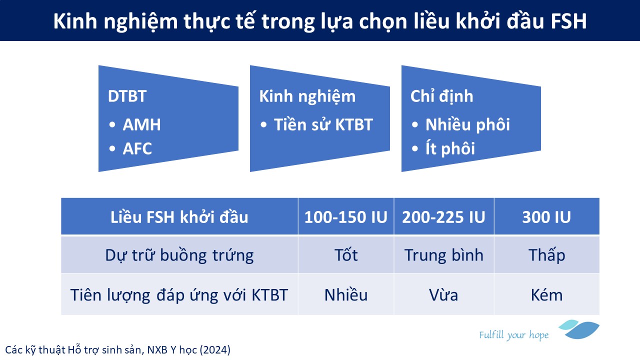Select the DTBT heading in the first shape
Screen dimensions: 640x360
(127, 96)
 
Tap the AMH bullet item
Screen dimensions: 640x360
(141, 125)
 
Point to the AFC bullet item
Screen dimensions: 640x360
(137, 149)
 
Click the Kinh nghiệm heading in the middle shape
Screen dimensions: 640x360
(307, 97)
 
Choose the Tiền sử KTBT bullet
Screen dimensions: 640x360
(323, 124)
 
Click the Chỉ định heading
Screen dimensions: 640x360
(441, 96)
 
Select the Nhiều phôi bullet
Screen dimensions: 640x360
(467, 125)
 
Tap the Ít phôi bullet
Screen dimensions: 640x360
(450, 149)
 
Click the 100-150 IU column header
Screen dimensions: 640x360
(345, 217)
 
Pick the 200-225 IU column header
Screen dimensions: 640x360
(443, 217)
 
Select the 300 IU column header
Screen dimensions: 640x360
(546, 217)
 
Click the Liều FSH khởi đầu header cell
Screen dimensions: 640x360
(179, 217)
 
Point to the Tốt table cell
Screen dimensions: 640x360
(346, 255)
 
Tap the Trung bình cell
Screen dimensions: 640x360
(443, 255)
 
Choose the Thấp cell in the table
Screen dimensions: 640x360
(546, 255)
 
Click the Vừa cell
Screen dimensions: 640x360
(443, 295)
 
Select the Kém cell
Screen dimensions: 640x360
(546, 295)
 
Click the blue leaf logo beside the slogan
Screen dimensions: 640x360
(579, 329)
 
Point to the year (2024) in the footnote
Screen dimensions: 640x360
(215, 350)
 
